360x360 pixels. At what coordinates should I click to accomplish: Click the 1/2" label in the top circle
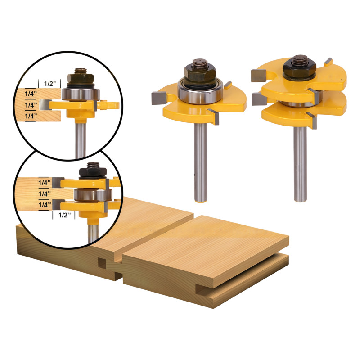[50, 84]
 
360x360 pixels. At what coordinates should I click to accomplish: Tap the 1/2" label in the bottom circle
[64, 215]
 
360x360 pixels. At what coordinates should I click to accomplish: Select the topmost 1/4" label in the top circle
[31, 94]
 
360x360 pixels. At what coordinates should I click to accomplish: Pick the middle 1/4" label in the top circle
[31, 105]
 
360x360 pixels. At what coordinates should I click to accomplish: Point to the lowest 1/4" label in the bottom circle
[45, 205]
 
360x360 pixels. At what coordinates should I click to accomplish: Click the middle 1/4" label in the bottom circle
[45, 194]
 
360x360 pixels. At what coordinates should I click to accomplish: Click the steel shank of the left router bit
[200, 162]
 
